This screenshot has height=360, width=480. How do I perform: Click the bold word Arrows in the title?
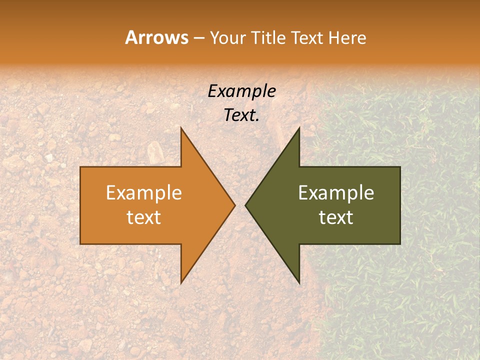(x=156, y=37)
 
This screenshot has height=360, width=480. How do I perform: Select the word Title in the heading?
(x=272, y=37)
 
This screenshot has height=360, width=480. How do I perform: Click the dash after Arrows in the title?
(x=198, y=38)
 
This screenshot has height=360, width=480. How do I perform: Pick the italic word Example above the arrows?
(x=241, y=91)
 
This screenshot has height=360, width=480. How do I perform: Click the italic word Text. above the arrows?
(x=241, y=115)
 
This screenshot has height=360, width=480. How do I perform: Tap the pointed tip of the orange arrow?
(x=235, y=205)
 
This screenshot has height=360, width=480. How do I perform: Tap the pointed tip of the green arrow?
(x=245, y=205)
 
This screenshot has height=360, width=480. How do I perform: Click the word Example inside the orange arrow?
(x=144, y=193)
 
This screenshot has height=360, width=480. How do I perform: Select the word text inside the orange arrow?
(x=144, y=217)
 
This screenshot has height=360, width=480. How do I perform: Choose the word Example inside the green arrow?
(x=336, y=193)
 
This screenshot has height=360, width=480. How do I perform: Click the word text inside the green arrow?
(x=336, y=217)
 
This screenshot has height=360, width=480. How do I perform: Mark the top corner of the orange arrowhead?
(x=181, y=127)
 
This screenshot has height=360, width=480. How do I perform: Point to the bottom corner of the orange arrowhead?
(x=181, y=283)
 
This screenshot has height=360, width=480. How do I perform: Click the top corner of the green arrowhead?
(x=299, y=127)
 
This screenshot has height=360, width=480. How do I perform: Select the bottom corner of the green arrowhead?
(x=299, y=283)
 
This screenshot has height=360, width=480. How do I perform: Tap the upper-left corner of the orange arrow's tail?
(x=80, y=166)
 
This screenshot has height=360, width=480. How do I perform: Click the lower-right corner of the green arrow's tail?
(x=400, y=244)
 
